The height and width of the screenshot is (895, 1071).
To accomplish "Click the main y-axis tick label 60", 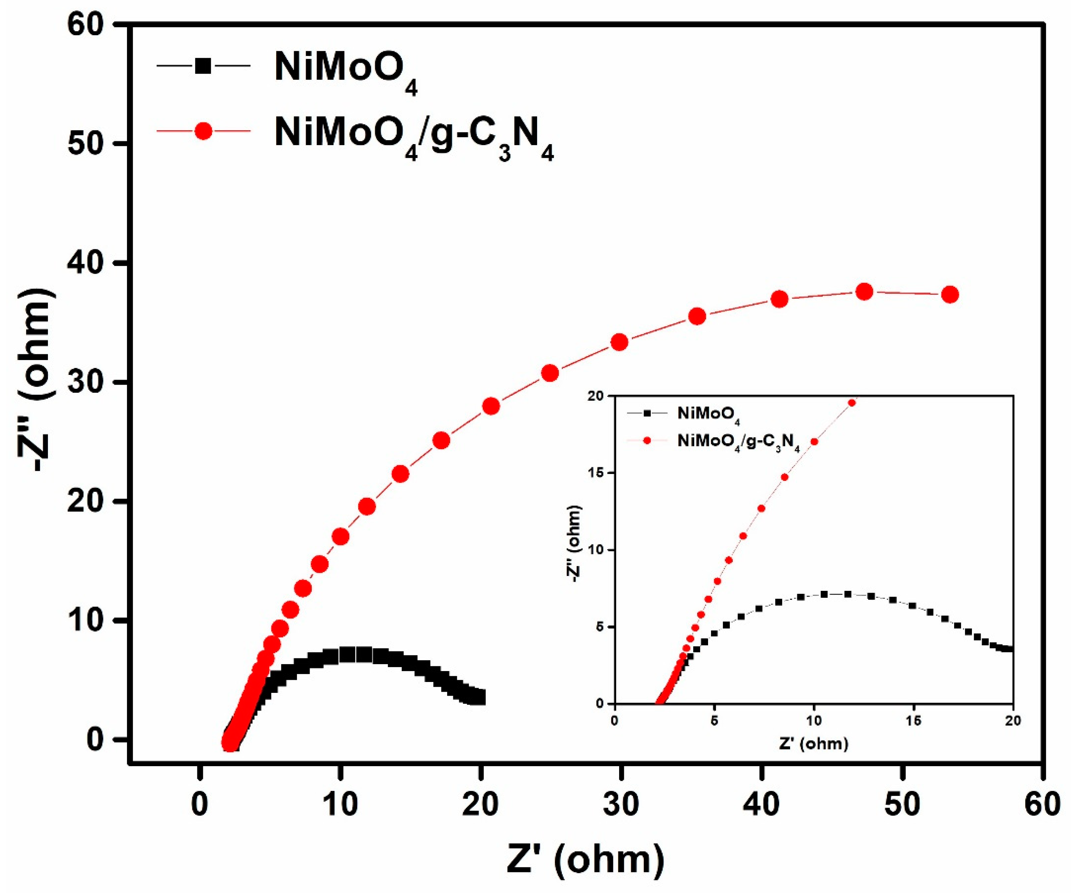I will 86,25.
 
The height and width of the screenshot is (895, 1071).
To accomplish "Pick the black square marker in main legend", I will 203,66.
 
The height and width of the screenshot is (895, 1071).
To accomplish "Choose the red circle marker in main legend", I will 203,132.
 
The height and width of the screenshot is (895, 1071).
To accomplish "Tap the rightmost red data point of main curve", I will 950,294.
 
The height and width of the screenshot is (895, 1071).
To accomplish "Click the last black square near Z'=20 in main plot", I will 479,697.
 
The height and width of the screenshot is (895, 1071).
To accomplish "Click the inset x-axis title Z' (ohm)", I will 813,744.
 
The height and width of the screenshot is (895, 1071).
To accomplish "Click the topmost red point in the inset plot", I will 852,402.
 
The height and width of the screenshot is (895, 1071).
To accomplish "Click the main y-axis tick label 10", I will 86,621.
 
